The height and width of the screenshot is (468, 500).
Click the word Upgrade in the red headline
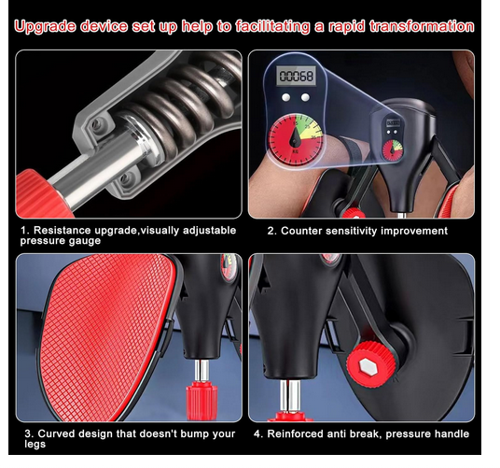point(46,27)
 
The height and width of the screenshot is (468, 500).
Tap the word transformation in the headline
point(422,26)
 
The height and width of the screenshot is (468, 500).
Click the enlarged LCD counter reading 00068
point(296,77)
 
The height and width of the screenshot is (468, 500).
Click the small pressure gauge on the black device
point(393,149)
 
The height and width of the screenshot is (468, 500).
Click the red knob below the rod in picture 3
point(201,402)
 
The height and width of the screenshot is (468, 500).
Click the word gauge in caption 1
point(85,241)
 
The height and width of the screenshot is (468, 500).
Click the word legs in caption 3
point(35,445)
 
